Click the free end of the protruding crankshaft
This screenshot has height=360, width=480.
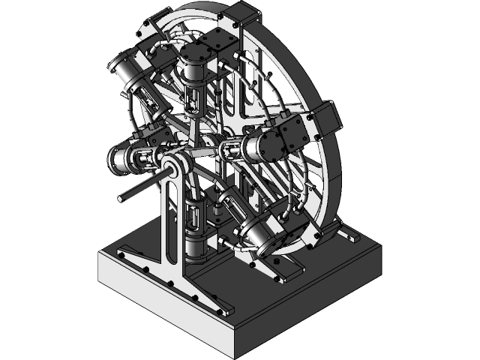click(121, 199)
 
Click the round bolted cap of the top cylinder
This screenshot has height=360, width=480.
click(196, 53)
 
